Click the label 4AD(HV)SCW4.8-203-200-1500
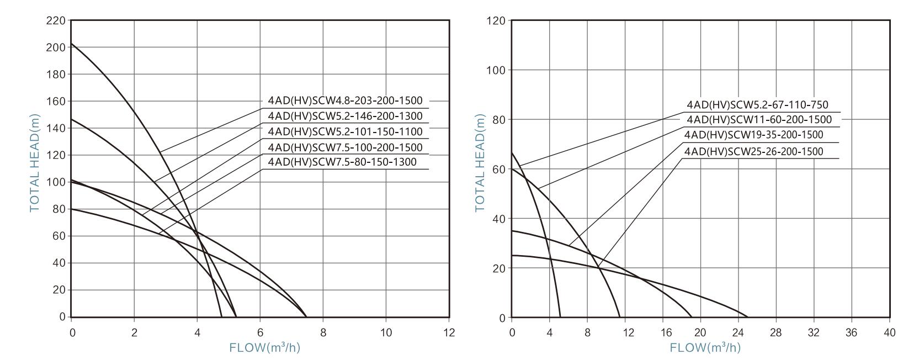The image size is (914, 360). (345, 100)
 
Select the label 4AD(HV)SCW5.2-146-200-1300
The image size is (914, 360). (345, 116)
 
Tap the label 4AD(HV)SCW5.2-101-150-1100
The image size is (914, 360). (345, 131)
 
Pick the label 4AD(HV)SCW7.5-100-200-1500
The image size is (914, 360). (345, 147)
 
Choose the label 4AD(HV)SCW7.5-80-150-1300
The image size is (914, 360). (342, 162)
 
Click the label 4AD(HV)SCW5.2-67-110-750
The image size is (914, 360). (757, 105)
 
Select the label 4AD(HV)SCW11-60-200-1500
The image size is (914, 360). (759, 120)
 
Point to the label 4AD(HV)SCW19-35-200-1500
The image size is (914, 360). (753, 135)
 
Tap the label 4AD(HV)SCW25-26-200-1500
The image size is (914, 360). (753, 151)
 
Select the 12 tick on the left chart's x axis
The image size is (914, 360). (449, 332)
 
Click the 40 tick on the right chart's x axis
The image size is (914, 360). (890, 332)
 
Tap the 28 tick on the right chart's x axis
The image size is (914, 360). (777, 332)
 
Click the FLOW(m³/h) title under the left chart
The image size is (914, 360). (264, 348)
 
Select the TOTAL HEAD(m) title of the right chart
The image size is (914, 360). (480, 163)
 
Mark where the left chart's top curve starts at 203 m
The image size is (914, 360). (72, 43)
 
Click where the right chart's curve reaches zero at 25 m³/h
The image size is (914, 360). (748, 317)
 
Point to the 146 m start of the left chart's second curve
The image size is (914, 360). (72, 119)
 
